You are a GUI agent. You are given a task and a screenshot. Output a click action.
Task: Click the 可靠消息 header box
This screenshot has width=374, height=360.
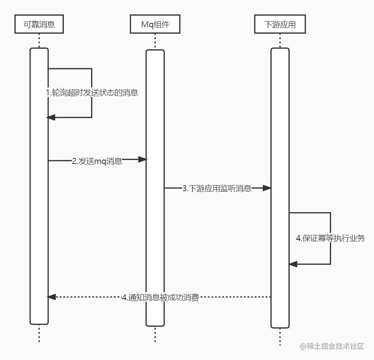pos(39,24)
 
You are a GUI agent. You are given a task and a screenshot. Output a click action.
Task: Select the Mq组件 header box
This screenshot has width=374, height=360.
pos(155,24)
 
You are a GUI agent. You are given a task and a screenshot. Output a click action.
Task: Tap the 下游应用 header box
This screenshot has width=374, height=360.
pos(280,24)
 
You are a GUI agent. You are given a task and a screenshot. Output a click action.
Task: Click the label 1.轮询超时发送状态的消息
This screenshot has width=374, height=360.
pos(92,93)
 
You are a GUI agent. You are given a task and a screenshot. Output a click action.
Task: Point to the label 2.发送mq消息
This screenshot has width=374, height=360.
pos(97,162)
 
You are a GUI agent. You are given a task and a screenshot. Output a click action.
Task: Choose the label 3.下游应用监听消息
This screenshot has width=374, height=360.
pos(217,189)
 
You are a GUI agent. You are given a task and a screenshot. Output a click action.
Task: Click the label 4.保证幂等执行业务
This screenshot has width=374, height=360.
pos(330,238)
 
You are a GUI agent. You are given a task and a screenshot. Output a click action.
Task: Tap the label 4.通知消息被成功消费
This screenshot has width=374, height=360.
pos(160,298)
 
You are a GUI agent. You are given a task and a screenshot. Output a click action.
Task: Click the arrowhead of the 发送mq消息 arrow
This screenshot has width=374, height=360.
pos(142,160)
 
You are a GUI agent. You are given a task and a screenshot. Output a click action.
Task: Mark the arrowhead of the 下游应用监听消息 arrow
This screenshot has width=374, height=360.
pos(267,188)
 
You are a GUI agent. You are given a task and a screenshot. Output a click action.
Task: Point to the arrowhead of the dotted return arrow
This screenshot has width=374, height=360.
pos(51,297)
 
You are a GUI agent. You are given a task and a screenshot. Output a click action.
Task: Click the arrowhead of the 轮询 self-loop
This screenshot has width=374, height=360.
pos(51,117)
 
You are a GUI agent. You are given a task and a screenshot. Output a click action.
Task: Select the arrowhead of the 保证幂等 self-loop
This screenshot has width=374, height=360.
pos(293,264)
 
